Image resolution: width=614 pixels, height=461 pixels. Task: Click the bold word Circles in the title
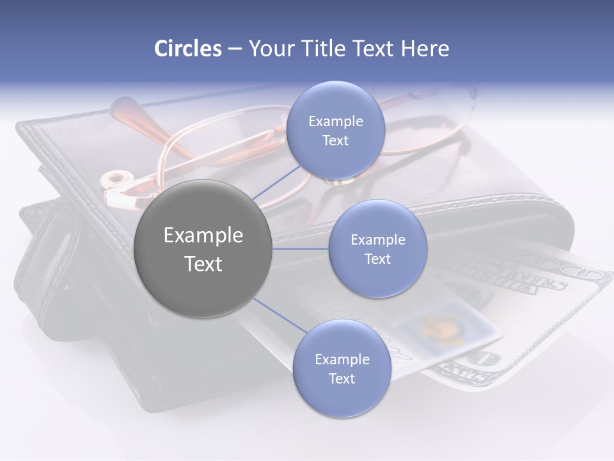[187, 49]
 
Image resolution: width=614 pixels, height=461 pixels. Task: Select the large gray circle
[203, 248]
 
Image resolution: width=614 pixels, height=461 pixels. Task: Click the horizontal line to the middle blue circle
[300, 248]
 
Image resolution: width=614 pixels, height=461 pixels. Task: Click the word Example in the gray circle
[203, 236]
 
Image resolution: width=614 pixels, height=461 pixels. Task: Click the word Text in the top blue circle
[335, 141]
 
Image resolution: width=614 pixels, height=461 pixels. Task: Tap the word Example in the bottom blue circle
[342, 359]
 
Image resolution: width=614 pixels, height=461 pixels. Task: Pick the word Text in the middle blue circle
[377, 259]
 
